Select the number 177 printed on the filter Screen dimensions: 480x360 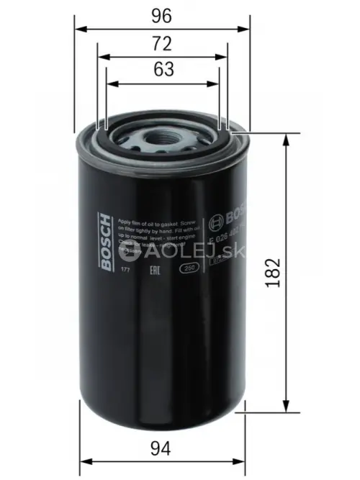(x=125, y=268)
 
